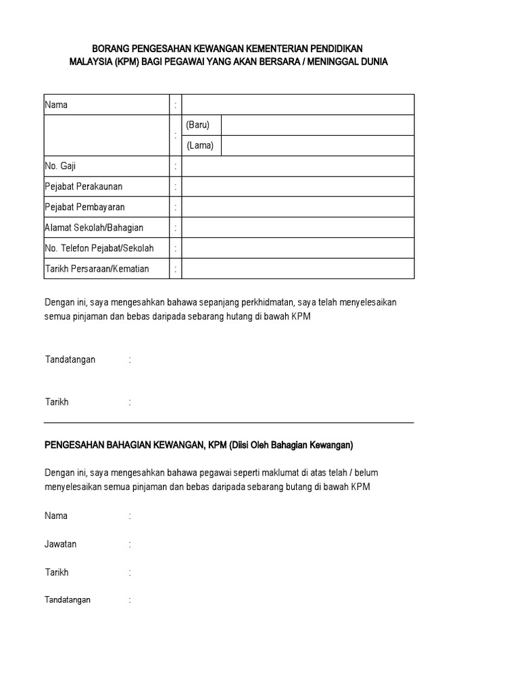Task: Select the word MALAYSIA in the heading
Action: pyautogui.click(x=91, y=61)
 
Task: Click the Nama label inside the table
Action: pyautogui.click(x=56, y=105)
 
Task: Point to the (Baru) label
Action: pyautogui.click(x=199, y=125)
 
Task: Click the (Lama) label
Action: pyautogui.click(x=200, y=145)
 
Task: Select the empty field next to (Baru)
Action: pyautogui.click(x=317, y=125)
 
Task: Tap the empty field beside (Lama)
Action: pyautogui.click(x=317, y=145)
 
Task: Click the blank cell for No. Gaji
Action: pyautogui.click(x=297, y=166)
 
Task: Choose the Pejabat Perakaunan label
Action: pyautogui.click(x=84, y=187)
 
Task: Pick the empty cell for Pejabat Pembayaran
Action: pyautogui.click(x=297, y=207)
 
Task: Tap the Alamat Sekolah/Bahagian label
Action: pyautogui.click(x=94, y=228)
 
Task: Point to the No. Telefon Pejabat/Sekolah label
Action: pyautogui.click(x=99, y=248)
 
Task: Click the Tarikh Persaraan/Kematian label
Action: pyautogui.click(x=97, y=268)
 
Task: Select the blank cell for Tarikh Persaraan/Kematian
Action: pyautogui.click(x=297, y=268)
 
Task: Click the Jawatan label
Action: pyautogui.click(x=61, y=544)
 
